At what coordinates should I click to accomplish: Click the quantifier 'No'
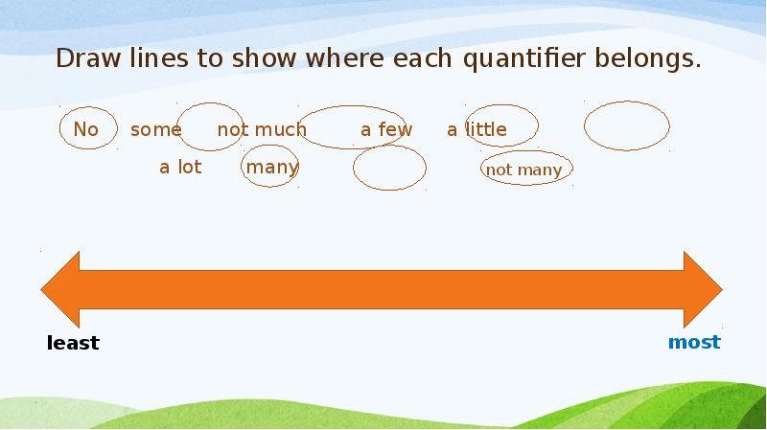click(85, 129)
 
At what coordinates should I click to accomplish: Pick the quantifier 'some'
click(155, 129)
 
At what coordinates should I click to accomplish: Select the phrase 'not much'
click(262, 129)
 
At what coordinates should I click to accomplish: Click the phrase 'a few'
click(386, 129)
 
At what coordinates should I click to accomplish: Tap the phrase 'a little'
click(476, 129)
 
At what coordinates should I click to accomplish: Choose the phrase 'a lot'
click(180, 168)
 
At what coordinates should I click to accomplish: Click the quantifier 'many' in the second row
click(272, 168)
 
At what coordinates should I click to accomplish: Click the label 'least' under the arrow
click(73, 343)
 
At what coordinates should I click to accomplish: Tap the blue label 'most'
click(694, 342)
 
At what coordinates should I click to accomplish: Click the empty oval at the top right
click(626, 126)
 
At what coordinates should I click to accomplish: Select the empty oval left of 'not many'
click(389, 170)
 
